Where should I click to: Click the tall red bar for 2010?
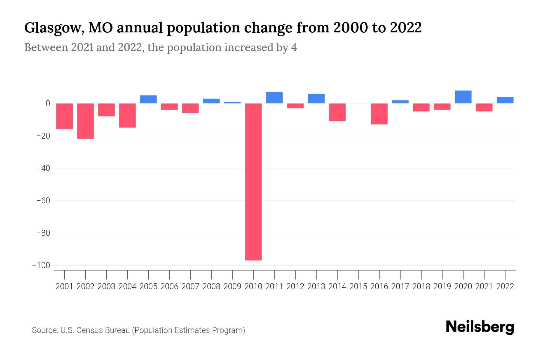click(253, 181)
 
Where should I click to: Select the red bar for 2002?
click(85, 121)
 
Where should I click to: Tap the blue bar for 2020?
click(463, 97)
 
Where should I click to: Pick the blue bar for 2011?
click(274, 98)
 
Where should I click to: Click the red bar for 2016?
click(379, 114)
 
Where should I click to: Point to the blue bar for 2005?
click(148, 99)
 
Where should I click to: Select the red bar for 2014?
click(337, 112)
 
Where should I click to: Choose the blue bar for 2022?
click(505, 100)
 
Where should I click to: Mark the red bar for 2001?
click(64, 116)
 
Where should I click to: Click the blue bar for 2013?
click(316, 98)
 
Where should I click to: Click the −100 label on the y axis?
click(41, 265)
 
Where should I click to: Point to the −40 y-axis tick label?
click(43, 168)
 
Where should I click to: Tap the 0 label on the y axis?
click(48, 103)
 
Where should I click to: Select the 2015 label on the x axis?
click(358, 286)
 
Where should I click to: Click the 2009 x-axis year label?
click(232, 286)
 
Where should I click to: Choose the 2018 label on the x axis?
click(421, 286)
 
